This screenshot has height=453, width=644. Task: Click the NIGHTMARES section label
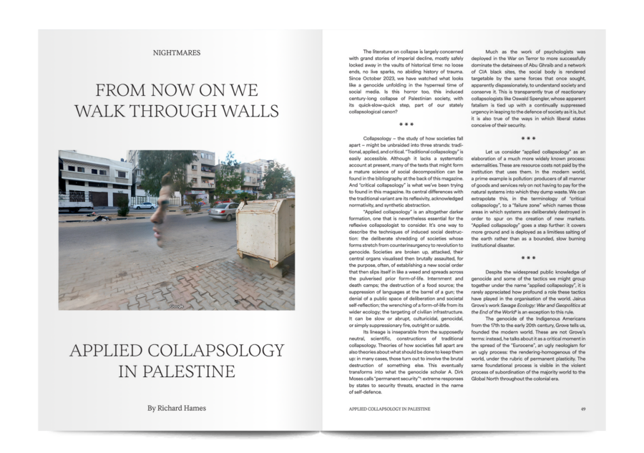point(176,52)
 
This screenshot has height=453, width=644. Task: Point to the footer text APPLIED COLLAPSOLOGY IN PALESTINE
point(389,409)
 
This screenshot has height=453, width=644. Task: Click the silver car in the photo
point(224,210)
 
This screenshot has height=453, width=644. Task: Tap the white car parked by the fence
point(145,205)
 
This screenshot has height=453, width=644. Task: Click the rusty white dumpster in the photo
point(266,230)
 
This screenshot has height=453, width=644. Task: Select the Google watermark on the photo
point(177,306)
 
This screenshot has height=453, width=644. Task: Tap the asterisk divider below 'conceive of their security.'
point(529,138)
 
